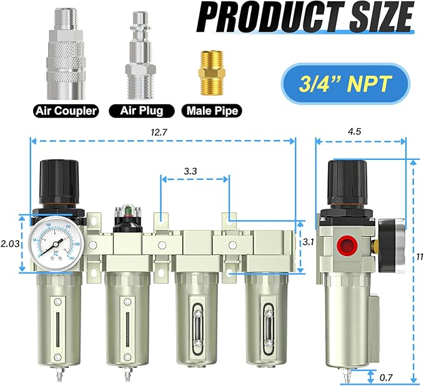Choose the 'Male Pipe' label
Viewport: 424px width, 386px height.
click(212, 112)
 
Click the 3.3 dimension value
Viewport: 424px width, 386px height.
click(193, 169)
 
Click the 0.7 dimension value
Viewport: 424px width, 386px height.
click(387, 377)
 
